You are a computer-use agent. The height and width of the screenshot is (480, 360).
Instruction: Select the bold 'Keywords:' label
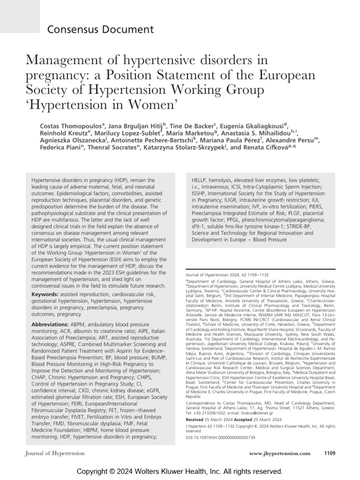[x=45, y=294]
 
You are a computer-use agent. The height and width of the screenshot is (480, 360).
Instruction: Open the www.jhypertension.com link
[x=280, y=453]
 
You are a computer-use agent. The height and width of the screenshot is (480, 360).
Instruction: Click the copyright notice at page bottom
[x=180, y=470]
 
